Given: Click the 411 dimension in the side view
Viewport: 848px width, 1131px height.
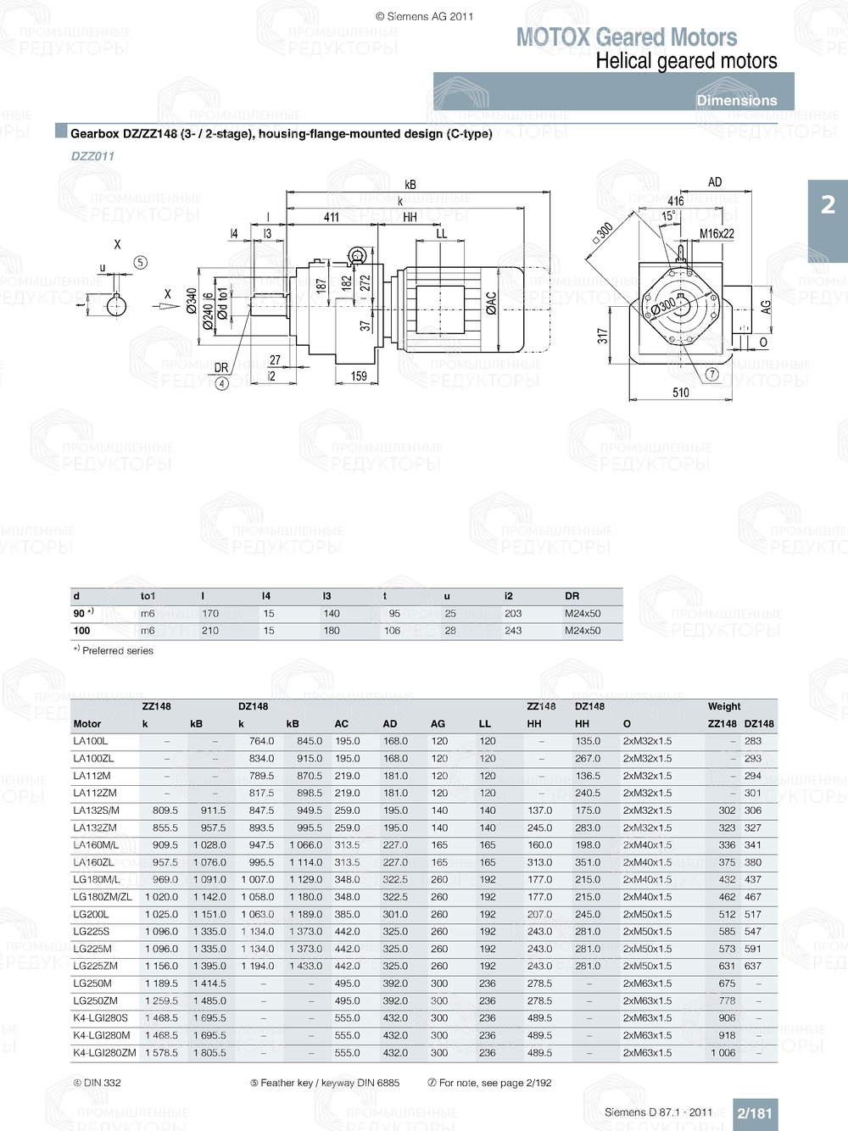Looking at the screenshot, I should [332, 217].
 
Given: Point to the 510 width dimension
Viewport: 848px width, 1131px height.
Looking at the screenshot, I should [681, 393].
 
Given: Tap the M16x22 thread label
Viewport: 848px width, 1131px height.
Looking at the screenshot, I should [717, 234].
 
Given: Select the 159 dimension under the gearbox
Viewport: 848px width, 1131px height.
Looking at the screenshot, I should [359, 376].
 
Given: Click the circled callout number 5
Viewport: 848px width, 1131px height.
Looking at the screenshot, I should [141, 263].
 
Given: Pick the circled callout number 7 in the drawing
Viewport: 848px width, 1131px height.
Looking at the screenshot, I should [711, 374].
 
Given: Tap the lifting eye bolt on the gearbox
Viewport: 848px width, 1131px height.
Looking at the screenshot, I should [357, 256].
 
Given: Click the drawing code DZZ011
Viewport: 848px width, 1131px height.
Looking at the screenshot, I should [92, 156].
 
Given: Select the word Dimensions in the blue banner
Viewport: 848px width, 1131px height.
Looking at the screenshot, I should [736, 100].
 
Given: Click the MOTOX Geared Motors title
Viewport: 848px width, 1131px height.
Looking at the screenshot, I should [627, 37].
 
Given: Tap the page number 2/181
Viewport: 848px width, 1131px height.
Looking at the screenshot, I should [754, 1113].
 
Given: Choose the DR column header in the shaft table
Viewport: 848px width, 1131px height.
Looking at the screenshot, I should [572, 596].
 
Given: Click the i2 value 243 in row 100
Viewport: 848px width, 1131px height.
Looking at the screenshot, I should [513, 631].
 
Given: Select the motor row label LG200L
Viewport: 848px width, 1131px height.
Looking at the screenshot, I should [91, 915].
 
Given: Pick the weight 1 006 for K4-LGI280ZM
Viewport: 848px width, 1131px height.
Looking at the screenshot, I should [722, 1053].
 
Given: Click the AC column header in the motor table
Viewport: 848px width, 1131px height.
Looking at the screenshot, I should [341, 724].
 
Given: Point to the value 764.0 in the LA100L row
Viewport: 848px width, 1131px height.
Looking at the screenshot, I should [261, 741].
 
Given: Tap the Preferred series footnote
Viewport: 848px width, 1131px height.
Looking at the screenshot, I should [114, 651].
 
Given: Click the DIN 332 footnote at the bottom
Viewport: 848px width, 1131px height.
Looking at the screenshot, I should [97, 1083].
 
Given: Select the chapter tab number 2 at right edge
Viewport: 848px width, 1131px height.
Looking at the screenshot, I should [828, 205].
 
